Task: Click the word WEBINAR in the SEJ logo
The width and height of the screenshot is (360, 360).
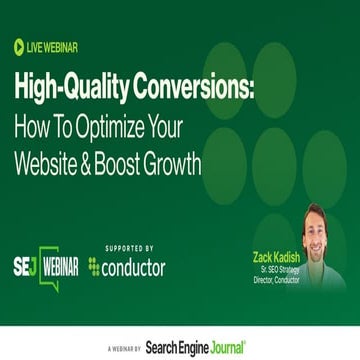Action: [60, 267]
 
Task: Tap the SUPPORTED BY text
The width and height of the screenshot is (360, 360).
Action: [129, 248]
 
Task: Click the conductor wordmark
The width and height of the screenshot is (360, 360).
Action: [134, 267]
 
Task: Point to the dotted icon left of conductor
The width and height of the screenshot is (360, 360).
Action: [94, 267]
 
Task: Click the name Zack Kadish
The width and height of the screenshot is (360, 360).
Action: [276, 256]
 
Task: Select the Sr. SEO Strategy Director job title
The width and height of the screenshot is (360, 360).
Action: [276, 273]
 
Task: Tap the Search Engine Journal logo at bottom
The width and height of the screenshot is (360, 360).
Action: [194, 347]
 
